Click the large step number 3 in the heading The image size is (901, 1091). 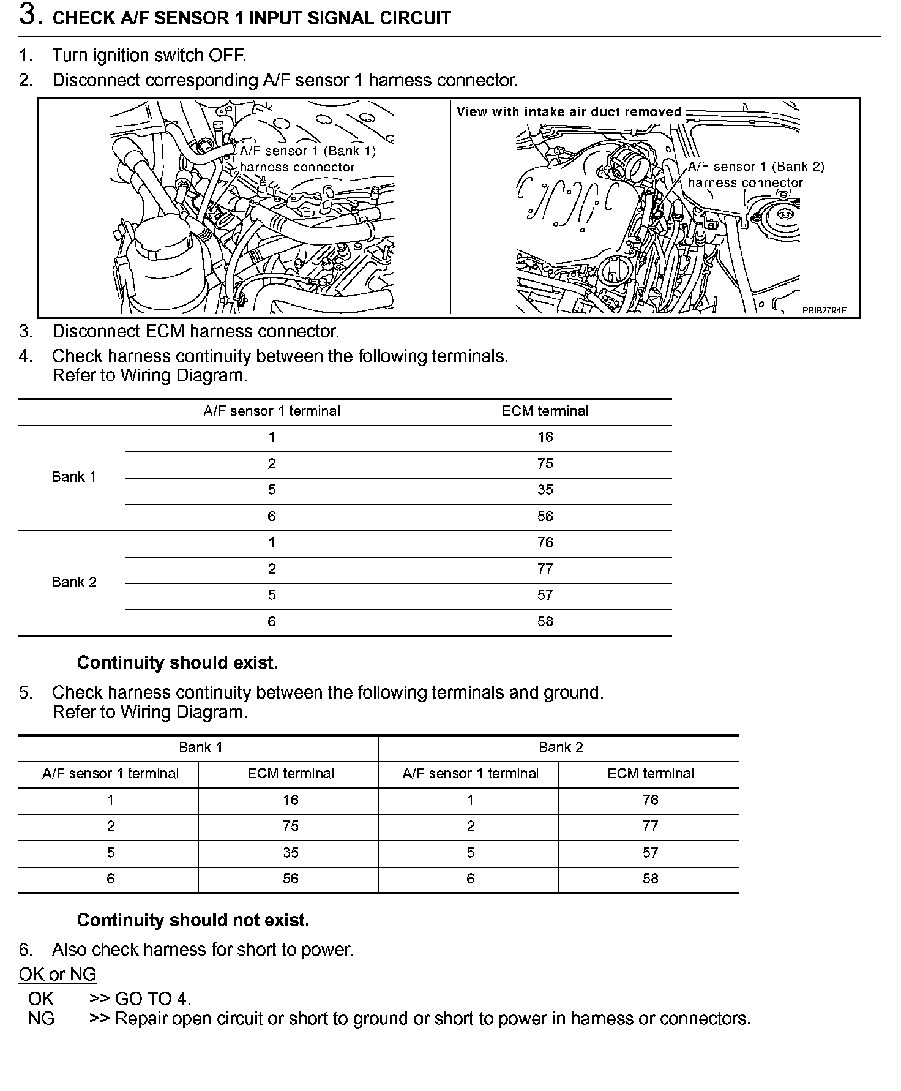click(29, 15)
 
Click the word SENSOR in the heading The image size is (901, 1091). click(191, 18)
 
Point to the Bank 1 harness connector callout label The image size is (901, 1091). click(306, 159)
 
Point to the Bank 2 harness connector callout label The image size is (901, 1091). click(755, 174)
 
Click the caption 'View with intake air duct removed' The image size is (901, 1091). click(569, 111)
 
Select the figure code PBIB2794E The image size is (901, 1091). click(824, 310)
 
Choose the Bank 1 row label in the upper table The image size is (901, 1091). click(74, 477)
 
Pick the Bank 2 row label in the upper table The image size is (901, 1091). click(74, 582)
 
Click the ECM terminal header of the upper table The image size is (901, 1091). click(545, 411)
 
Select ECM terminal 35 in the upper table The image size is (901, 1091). click(545, 490)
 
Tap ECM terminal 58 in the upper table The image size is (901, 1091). click(545, 621)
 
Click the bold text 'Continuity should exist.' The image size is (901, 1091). click(178, 662)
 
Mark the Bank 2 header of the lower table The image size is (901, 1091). click(561, 748)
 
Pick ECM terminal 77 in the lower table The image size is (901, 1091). click(650, 827)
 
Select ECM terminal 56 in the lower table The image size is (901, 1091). click(290, 879)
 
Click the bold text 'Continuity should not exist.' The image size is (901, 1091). click(193, 920)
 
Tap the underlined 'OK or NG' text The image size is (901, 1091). click(58, 974)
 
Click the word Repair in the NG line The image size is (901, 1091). click(143, 1019)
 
